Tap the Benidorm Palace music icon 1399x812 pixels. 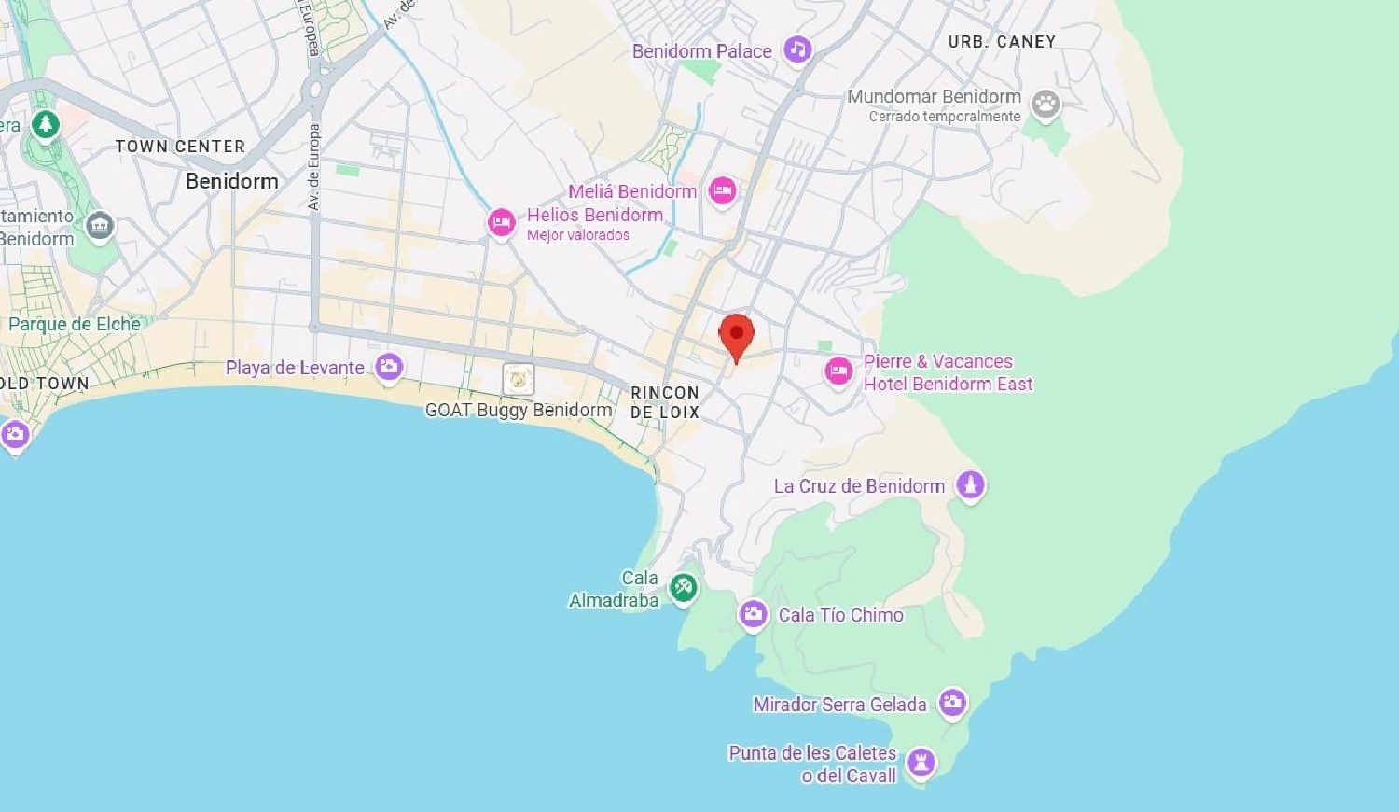[x=797, y=49]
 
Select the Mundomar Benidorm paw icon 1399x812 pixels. [x=1046, y=104]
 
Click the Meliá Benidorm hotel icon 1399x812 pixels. [x=722, y=191]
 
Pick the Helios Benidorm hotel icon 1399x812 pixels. [x=502, y=222]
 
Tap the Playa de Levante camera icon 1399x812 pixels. [x=389, y=367]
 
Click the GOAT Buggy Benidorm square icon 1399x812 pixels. [x=519, y=379]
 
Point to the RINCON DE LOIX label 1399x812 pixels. [x=665, y=402]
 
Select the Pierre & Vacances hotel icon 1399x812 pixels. [x=838, y=371]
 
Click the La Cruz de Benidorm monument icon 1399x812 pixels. [x=970, y=484]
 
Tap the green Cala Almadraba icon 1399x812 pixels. [x=684, y=587]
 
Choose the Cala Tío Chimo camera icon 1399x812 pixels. [x=753, y=614]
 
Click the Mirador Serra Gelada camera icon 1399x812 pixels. [x=952, y=703]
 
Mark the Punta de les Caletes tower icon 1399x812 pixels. [x=921, y=761]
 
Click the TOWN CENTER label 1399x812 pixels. [x=180, y=147]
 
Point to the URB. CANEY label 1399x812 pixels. [x=1002, y=42]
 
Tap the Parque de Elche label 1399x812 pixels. [x=75, y=325]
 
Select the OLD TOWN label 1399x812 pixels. [x=44, y=383]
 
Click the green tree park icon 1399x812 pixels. [x=45, y=123]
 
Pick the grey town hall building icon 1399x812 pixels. [x=100, y=225]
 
